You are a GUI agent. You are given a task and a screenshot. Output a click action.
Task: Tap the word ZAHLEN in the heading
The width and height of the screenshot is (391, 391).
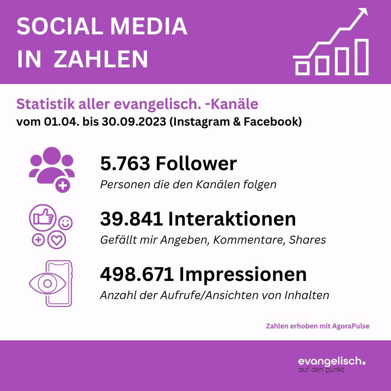point(101,59)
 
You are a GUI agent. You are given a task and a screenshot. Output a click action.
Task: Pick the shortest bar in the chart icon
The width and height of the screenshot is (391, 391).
point(303,67)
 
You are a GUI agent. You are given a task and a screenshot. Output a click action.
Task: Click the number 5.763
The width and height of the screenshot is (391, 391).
point(125,164)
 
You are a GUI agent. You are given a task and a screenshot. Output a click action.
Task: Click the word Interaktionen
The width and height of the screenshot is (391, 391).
point(232,219)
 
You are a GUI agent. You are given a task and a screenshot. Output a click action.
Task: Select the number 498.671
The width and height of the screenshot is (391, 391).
point(137,274)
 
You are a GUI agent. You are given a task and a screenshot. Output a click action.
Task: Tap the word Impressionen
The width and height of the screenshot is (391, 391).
point(243,274)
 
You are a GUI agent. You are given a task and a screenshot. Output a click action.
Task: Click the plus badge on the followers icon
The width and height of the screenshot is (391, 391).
point(63,186)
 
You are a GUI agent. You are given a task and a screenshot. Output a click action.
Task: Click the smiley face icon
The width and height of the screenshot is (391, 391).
point(66,223)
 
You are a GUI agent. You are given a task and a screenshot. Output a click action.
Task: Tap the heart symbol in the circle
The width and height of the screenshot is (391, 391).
point(57,241)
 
